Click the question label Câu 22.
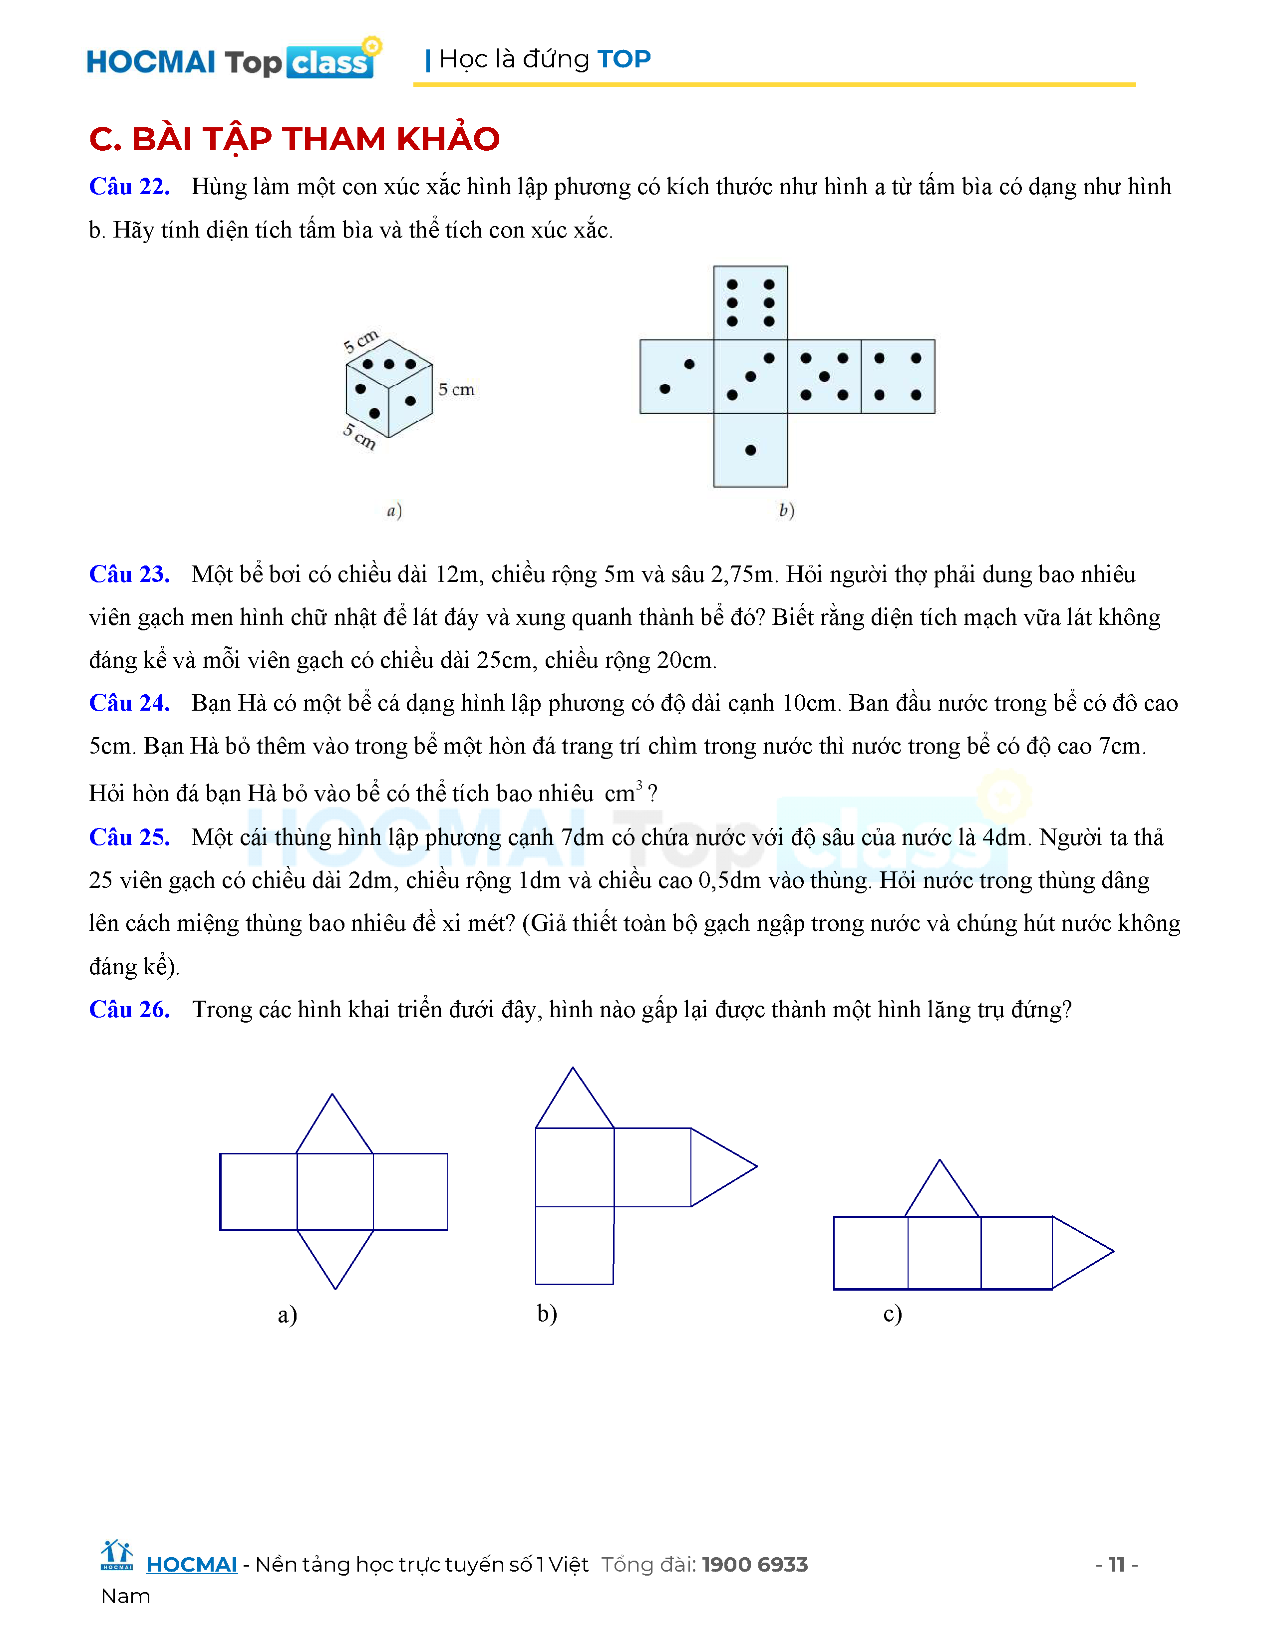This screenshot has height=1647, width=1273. [x=129, y=186]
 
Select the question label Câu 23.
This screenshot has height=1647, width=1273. [x=129, y=574]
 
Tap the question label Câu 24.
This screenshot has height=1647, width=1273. [x=129, y=703]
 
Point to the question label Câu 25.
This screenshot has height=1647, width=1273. [x=129, y=837]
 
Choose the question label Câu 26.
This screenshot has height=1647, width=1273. [x=129, y=1009]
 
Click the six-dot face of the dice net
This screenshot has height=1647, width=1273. [x=750, y=302]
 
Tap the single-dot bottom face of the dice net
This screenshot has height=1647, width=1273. [x=750, y=450]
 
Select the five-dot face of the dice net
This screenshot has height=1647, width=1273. [x=824, y=376]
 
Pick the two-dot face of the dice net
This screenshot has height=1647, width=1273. [x=676, y=376]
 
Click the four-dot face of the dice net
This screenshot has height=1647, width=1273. [x=898, y=376]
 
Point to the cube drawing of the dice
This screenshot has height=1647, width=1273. [x=388, y=388]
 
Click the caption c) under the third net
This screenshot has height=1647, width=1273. [x=892, y=1314]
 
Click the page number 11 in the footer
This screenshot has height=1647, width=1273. [x=1116, y=1564]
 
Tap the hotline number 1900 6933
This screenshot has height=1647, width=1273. [x=754, y=1565]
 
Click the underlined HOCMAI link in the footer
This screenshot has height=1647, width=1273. [x=192, y=1565]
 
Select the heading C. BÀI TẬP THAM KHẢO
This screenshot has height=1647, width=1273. [x=294, y=139]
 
